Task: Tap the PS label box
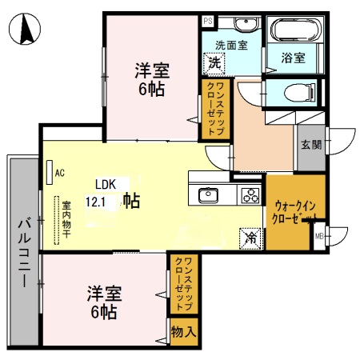tap(207, 22)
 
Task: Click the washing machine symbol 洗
tap(214, 62)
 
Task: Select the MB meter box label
tap(319, 235)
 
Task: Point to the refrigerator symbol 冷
tap(250, 237)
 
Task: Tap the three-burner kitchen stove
tap(249, 194)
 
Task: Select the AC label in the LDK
tap(60, 170)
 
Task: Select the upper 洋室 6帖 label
tap(150, 79)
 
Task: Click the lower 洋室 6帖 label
tap(103, 302)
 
